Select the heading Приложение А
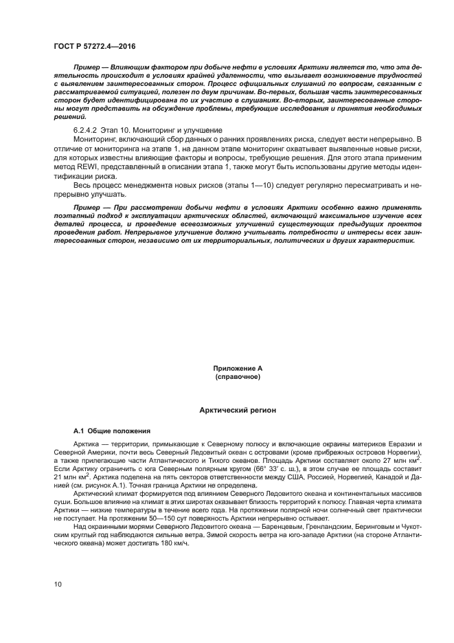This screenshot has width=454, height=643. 237,369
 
